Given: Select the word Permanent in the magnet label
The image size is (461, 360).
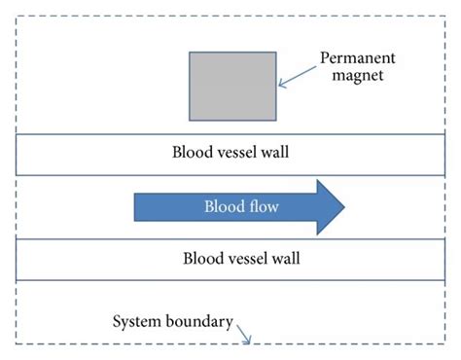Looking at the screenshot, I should (356, 59).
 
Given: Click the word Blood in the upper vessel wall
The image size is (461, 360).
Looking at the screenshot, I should (190, 153).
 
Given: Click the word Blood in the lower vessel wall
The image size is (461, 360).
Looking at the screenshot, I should (201, 259).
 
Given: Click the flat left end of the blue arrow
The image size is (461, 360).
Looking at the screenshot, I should (135, 206).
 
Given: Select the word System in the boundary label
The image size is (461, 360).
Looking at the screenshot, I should (136, 321).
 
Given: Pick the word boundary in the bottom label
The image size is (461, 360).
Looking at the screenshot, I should (197, 321).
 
